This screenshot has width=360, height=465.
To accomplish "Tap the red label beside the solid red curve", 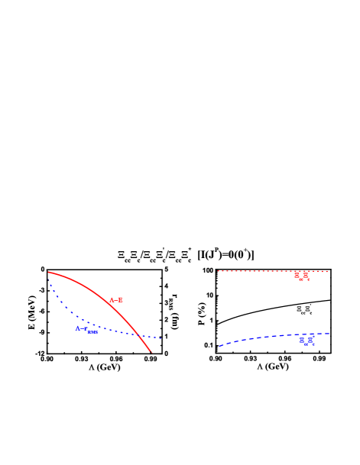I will click(116, 300).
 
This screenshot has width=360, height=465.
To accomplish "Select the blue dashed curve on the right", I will click(268, 337).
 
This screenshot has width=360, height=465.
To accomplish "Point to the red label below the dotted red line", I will click(303, 276).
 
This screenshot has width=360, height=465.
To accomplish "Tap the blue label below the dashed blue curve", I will click(306, 341).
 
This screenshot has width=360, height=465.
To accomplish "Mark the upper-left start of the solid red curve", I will click(49, 272).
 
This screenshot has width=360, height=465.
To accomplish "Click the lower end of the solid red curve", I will click(151, 352).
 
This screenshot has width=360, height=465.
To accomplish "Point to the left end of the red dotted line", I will click(218, 271).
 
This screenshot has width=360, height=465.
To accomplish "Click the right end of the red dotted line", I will click(327, 271).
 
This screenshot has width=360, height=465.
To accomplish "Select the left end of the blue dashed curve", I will click(219, 346).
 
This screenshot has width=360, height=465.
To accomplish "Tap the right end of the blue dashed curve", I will click(329, 334).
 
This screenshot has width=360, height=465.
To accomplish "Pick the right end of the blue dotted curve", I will click(162, 337).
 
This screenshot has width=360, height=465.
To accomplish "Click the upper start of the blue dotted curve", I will click(50, 283).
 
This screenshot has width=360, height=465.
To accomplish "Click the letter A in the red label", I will click(112, 300).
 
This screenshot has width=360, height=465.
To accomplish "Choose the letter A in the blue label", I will click(78, 328).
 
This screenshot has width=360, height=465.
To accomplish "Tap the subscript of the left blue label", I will click(92, 332).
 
